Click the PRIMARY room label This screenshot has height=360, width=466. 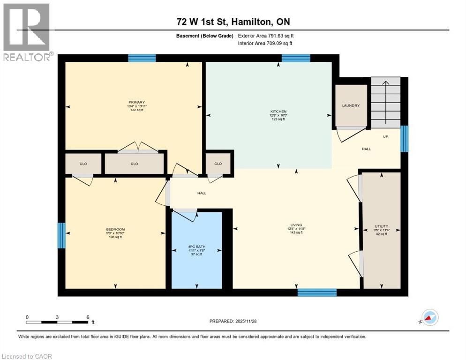click(x=137, y=102)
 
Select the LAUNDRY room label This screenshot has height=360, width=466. click(x=351, y=105)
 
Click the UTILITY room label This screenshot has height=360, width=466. click(x=381, y=226)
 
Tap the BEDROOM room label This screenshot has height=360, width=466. click(x=115, y=229)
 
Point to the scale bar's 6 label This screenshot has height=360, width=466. click(x=88, y=317)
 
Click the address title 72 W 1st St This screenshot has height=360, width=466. click(x=233, y=22)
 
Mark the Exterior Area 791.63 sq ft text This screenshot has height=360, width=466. click(x=266, y=36)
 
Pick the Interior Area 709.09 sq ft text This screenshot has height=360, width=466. click(x=265, y=44)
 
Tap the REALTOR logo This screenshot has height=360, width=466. click(x=27, y=32)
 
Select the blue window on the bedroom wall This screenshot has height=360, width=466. click(x=61, y=235)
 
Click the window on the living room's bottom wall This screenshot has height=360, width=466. click(x=317, y=292)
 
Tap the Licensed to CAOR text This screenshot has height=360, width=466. click(x=28, y=356)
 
